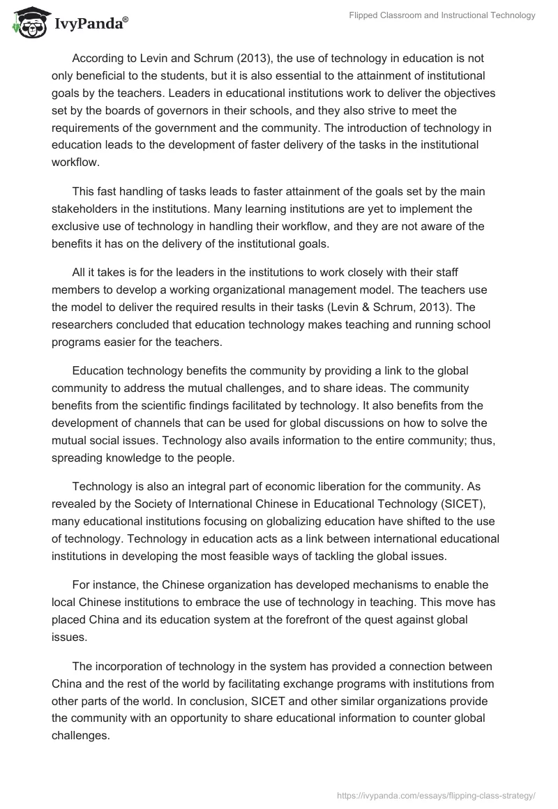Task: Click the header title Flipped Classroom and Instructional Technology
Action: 442,15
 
